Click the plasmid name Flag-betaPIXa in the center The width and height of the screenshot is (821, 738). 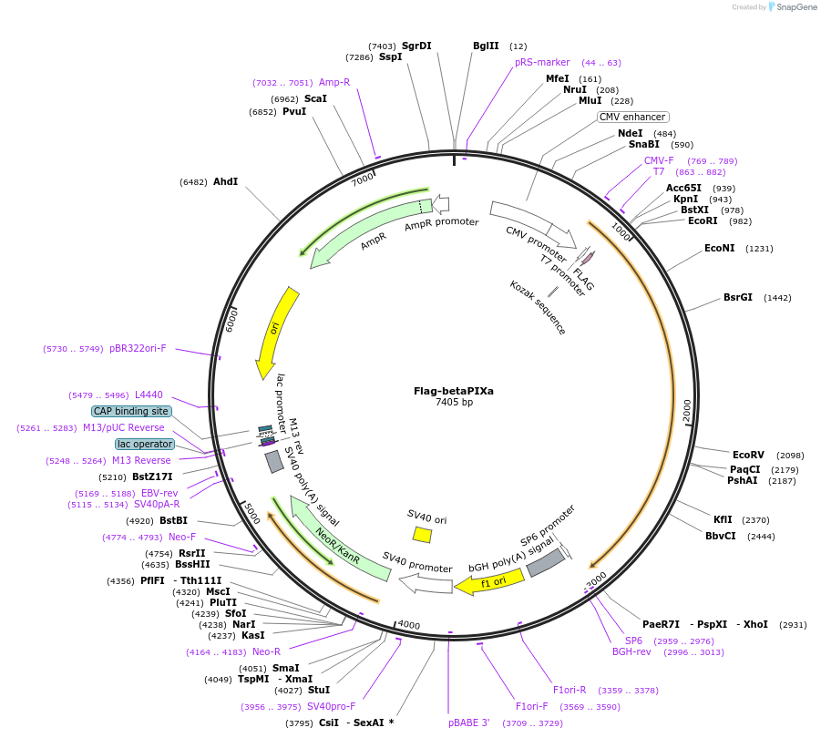[x=454, y=391]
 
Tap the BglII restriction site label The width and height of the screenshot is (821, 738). [x=486, y=46]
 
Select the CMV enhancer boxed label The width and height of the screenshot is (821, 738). [x=633, y=117]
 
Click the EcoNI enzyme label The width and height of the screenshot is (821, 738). [x=719, y=248]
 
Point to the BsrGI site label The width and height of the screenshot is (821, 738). [x=738, y=297]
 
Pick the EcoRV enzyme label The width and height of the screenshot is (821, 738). [x=748, y=455]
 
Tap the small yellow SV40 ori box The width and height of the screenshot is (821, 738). [x=422, y=534]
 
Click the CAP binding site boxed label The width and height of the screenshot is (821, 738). [x=131, y=411]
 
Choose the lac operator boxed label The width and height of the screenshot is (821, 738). [x=145, y=444]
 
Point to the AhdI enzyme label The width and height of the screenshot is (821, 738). [x=225, y=181]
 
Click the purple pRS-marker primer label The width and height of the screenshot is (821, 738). [x=542, y=62]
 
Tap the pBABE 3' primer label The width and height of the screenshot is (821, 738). [x=469, y=723]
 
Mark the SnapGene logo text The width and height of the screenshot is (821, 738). [x=794, y=7]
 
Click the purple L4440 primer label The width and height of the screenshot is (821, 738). [x=149, y=395]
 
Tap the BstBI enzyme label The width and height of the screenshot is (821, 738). [x=173, y=520]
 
